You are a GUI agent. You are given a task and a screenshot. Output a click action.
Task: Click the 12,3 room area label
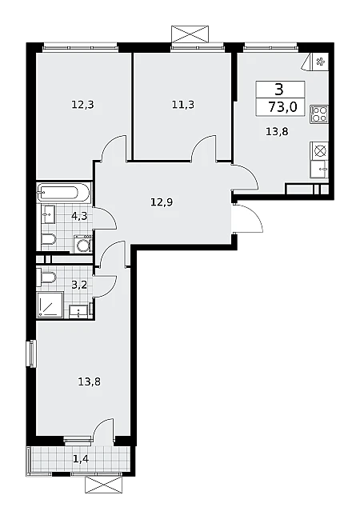[x=82, y=105]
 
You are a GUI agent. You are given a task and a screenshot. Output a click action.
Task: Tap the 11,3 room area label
[x=183, y=105]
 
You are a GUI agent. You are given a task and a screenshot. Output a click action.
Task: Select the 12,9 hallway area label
[x=162, y=202]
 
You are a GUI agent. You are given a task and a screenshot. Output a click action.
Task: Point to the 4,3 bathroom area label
[x=79, y=217]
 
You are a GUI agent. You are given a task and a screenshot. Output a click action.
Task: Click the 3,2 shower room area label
[x=79, y=284]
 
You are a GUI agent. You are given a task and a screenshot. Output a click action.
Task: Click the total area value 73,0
[x=282, y=107]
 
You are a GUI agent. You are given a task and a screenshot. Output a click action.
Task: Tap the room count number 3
[x=280, y=89]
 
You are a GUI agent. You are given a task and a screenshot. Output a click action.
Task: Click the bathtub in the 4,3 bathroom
[x=63, y=192]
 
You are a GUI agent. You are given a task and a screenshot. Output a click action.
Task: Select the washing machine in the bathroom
[x=82, y=243]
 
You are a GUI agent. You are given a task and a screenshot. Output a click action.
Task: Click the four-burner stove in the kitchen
[x=319, y=114]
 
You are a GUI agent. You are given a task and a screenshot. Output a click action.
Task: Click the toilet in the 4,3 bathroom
[x=49, y=239]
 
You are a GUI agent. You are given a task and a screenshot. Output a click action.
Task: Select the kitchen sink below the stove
[x=319, y=170]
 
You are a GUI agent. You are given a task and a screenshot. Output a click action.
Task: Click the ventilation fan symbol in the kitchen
[x=320, y=62]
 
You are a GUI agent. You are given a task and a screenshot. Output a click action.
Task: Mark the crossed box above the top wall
[x=190, y=34]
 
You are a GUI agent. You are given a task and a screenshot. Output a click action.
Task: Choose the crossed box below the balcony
[x=104, y=485]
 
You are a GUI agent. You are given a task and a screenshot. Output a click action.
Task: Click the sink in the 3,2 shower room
[x=79, y=311]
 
